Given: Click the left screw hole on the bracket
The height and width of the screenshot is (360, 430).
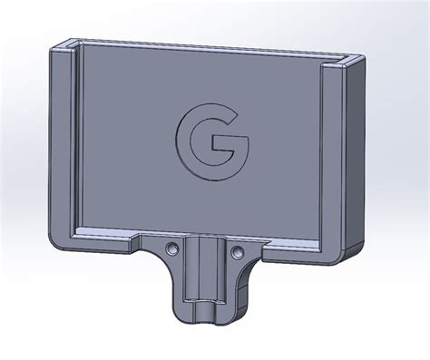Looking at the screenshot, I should [x=171, y=248].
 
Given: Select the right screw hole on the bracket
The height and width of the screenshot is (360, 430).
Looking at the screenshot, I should [x=238, y=250].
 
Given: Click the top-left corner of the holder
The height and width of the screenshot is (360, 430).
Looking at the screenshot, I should [x=54, y=47].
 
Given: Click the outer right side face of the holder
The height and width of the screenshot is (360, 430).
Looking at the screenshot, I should [x=357, y=154].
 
